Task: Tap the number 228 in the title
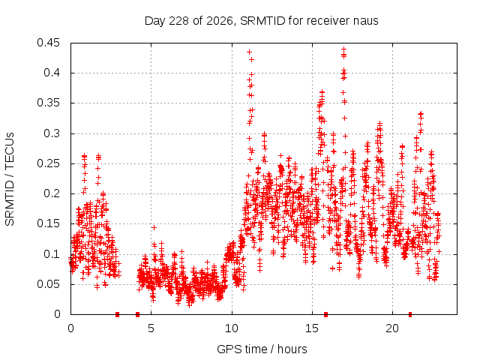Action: click(x=178, y=21)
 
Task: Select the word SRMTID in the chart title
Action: click(x=262, y=21)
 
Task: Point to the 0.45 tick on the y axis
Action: click(x=48, y=43)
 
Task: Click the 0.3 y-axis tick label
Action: click(x=52, y=133)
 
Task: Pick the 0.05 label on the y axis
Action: click(x=48, y=284)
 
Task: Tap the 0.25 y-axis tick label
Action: click(x=48, y=163)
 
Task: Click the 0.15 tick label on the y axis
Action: click(x=48, y=223)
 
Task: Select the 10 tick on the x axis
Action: click(x=232, y=328)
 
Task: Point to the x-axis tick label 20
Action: click(x=392, y=328)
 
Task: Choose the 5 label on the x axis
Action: click(x=151, y=328)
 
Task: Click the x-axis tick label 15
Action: click(x=312, y=328)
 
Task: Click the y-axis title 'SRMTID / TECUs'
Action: click(x=10, y=179)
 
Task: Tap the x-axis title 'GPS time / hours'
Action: click(x=262, y=349)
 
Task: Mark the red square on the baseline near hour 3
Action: click(x=117, y=314)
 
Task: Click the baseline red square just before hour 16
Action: click(x=325, y=314)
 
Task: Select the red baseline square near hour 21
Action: click(x=410, y=314)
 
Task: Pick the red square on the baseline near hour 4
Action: click(x=137, y=314)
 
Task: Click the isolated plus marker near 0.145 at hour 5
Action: click(x=154, y=227)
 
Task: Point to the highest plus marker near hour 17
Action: click(x=343, y=49)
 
